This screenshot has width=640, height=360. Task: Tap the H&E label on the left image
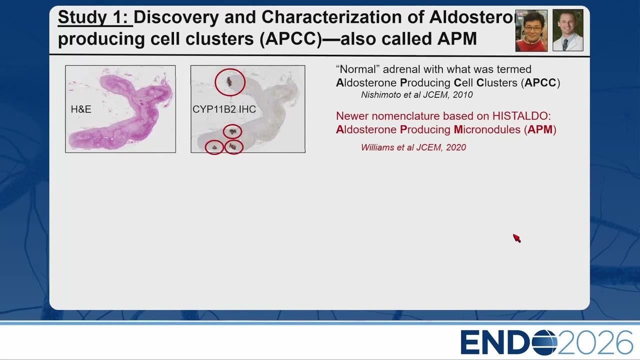(x=81, y=109)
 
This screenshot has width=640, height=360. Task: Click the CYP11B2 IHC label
(x=224, y=109)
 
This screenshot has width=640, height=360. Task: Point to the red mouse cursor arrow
(x=516, y=238)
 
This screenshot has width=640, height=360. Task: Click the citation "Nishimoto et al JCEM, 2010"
(x=417, y=95)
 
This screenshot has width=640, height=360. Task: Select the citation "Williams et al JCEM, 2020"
(x=413, y=147)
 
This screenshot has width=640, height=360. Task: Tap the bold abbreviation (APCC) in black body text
(x=540, y=83)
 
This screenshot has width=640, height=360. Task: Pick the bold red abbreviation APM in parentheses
(x=540, y=129)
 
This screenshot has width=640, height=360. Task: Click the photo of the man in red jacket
(x=531, y=30)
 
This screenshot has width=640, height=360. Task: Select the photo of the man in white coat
(x=568, y=30)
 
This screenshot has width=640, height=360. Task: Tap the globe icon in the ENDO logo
(x=544, y=342)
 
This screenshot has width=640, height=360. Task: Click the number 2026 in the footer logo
(x=595, y=342)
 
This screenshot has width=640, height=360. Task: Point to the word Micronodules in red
(x=487, y=129)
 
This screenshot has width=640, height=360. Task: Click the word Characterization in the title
(x=331, y=17)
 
